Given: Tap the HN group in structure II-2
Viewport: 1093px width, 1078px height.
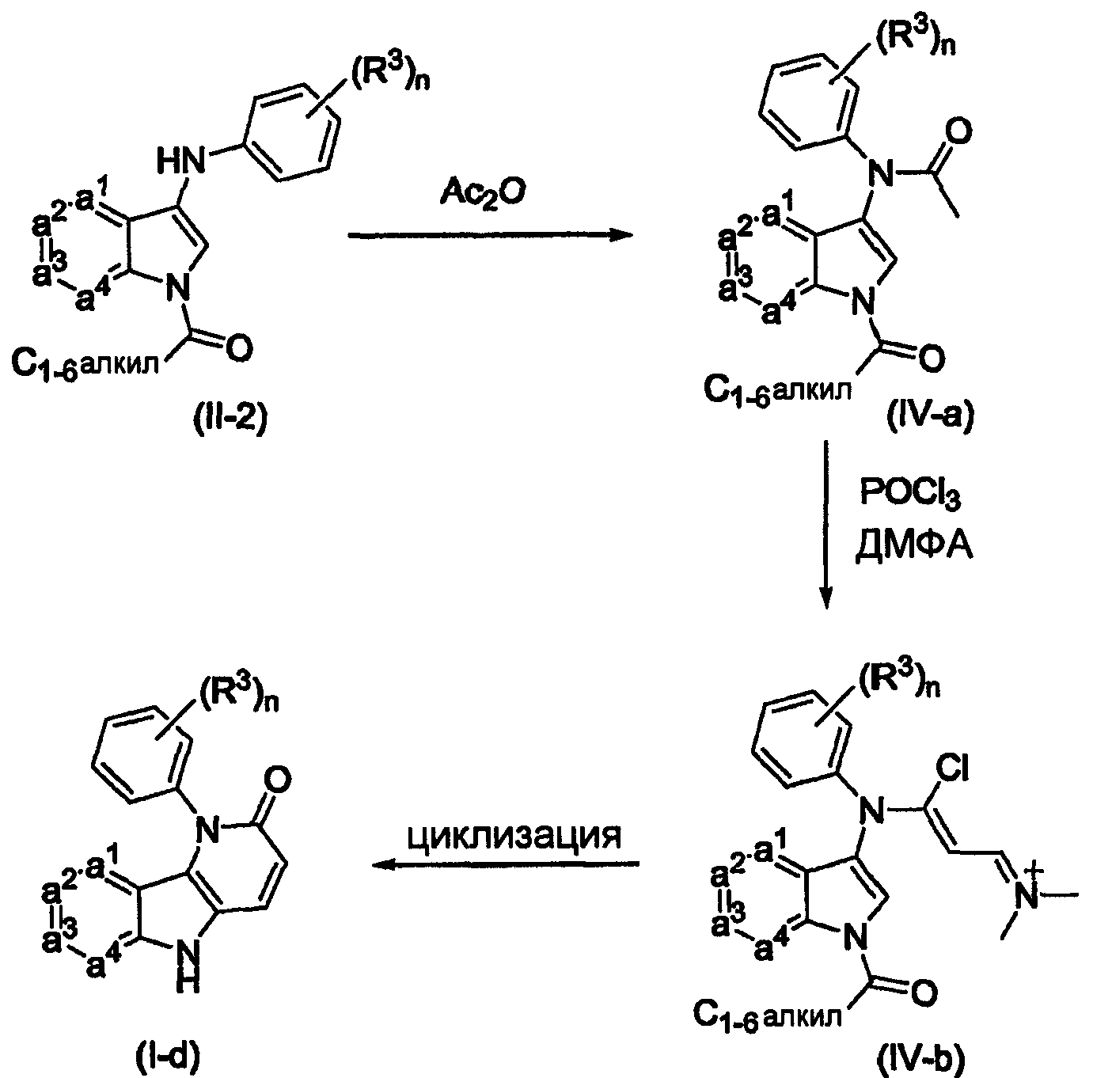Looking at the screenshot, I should pos(182,162).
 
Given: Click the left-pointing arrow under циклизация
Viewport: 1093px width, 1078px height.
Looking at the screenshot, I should pos(507,865).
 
